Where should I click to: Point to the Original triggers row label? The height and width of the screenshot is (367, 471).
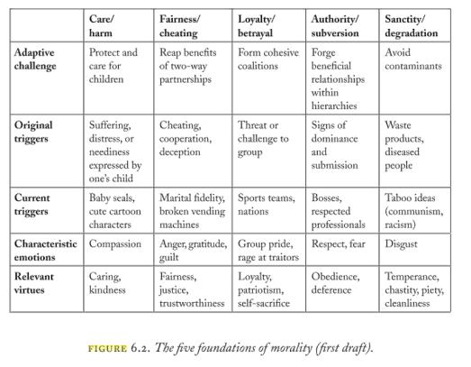38,132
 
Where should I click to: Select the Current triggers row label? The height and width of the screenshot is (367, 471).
37,203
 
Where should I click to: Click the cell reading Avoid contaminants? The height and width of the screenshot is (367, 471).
412,59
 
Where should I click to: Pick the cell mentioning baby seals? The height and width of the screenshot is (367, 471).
117,203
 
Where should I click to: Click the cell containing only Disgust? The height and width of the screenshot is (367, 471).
403,243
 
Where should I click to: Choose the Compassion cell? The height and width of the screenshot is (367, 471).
116,243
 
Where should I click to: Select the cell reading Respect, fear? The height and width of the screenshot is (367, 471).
341,243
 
